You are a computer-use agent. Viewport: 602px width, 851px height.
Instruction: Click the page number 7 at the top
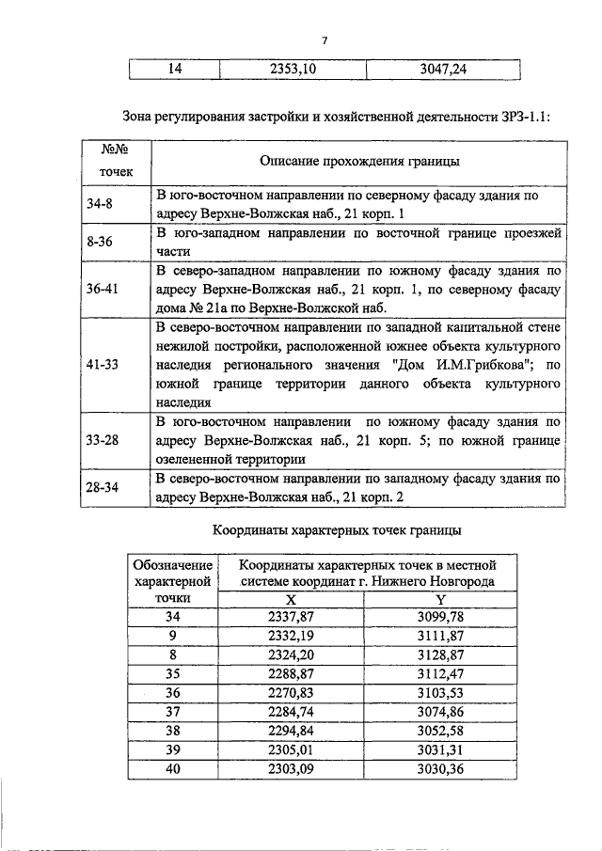[x=324, y=39]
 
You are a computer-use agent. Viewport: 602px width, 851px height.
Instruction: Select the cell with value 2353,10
[x=293, y=70]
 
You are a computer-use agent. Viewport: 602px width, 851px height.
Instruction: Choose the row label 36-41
[x=101, y=289]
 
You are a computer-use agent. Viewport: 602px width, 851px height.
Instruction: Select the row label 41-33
[x=101, y=365]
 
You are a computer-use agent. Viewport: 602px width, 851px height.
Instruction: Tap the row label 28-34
[x=101, y=488]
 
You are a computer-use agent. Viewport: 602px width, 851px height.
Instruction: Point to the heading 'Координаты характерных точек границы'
[x=337, y=530]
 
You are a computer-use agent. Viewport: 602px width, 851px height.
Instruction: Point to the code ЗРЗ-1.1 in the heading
[x=518, y=117]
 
